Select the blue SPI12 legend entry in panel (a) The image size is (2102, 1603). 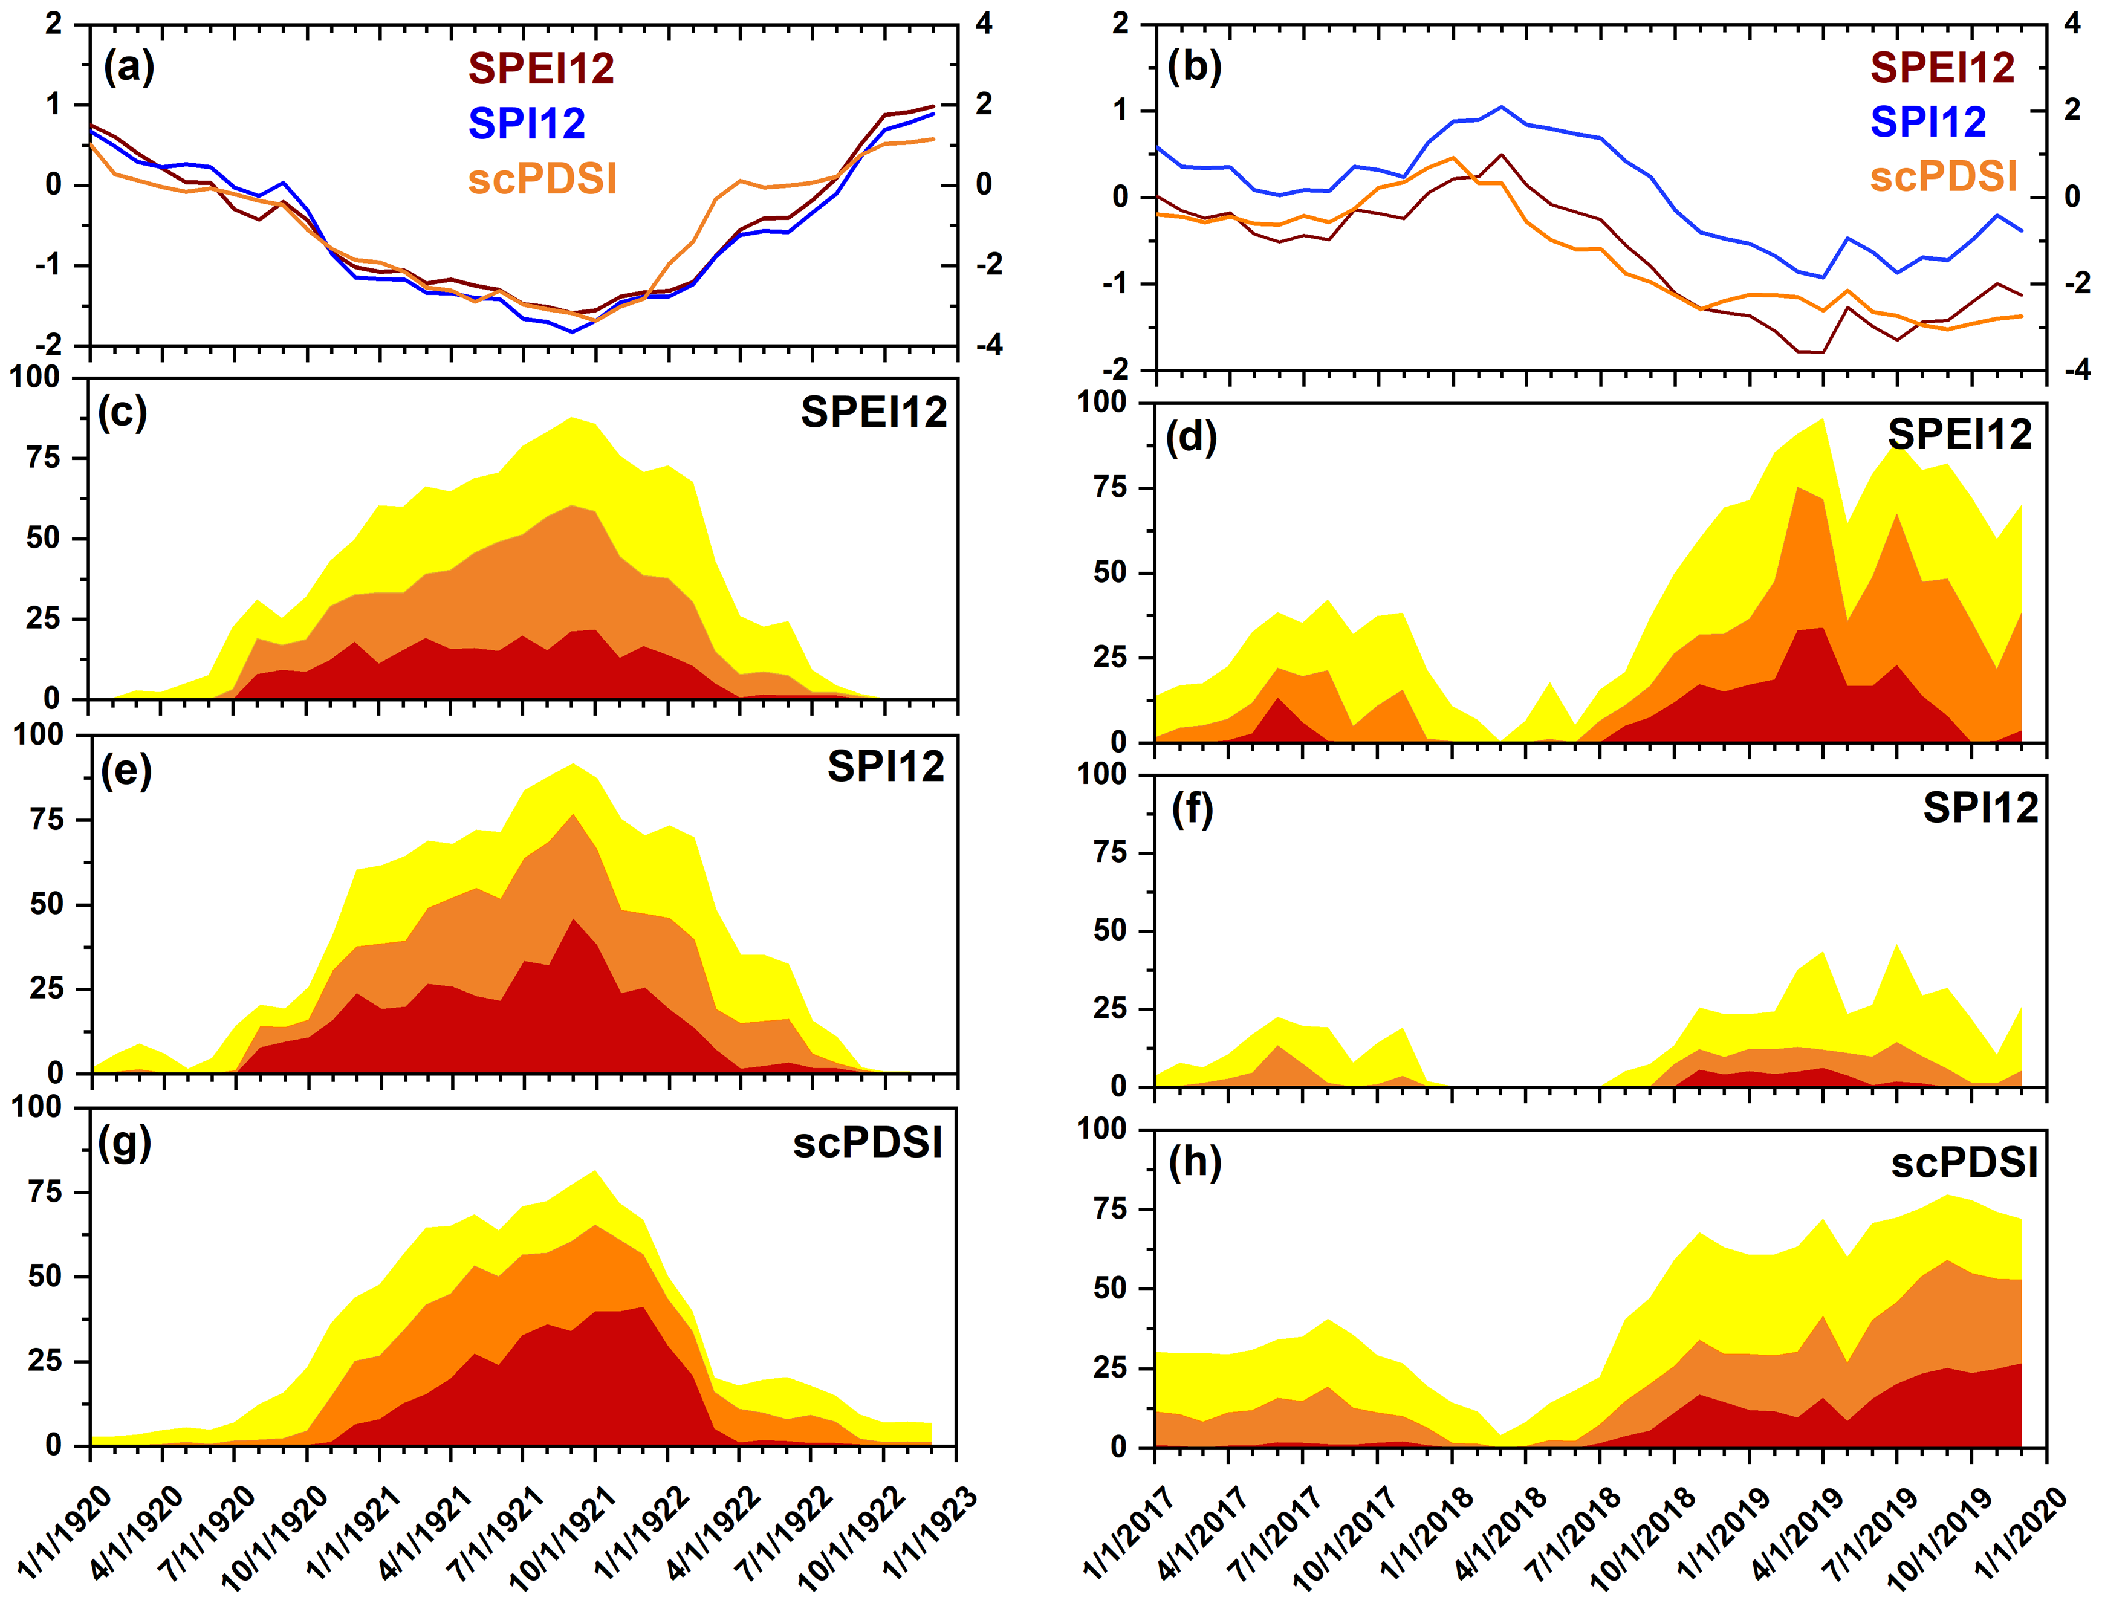tap(527, 124)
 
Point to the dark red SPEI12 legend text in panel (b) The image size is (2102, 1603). tap(1942, 66)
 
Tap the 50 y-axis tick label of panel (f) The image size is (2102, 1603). tap(1110, 930)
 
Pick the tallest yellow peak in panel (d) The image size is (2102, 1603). tap(1823, 420)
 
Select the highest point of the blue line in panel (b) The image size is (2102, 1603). tap(1501, 107)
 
